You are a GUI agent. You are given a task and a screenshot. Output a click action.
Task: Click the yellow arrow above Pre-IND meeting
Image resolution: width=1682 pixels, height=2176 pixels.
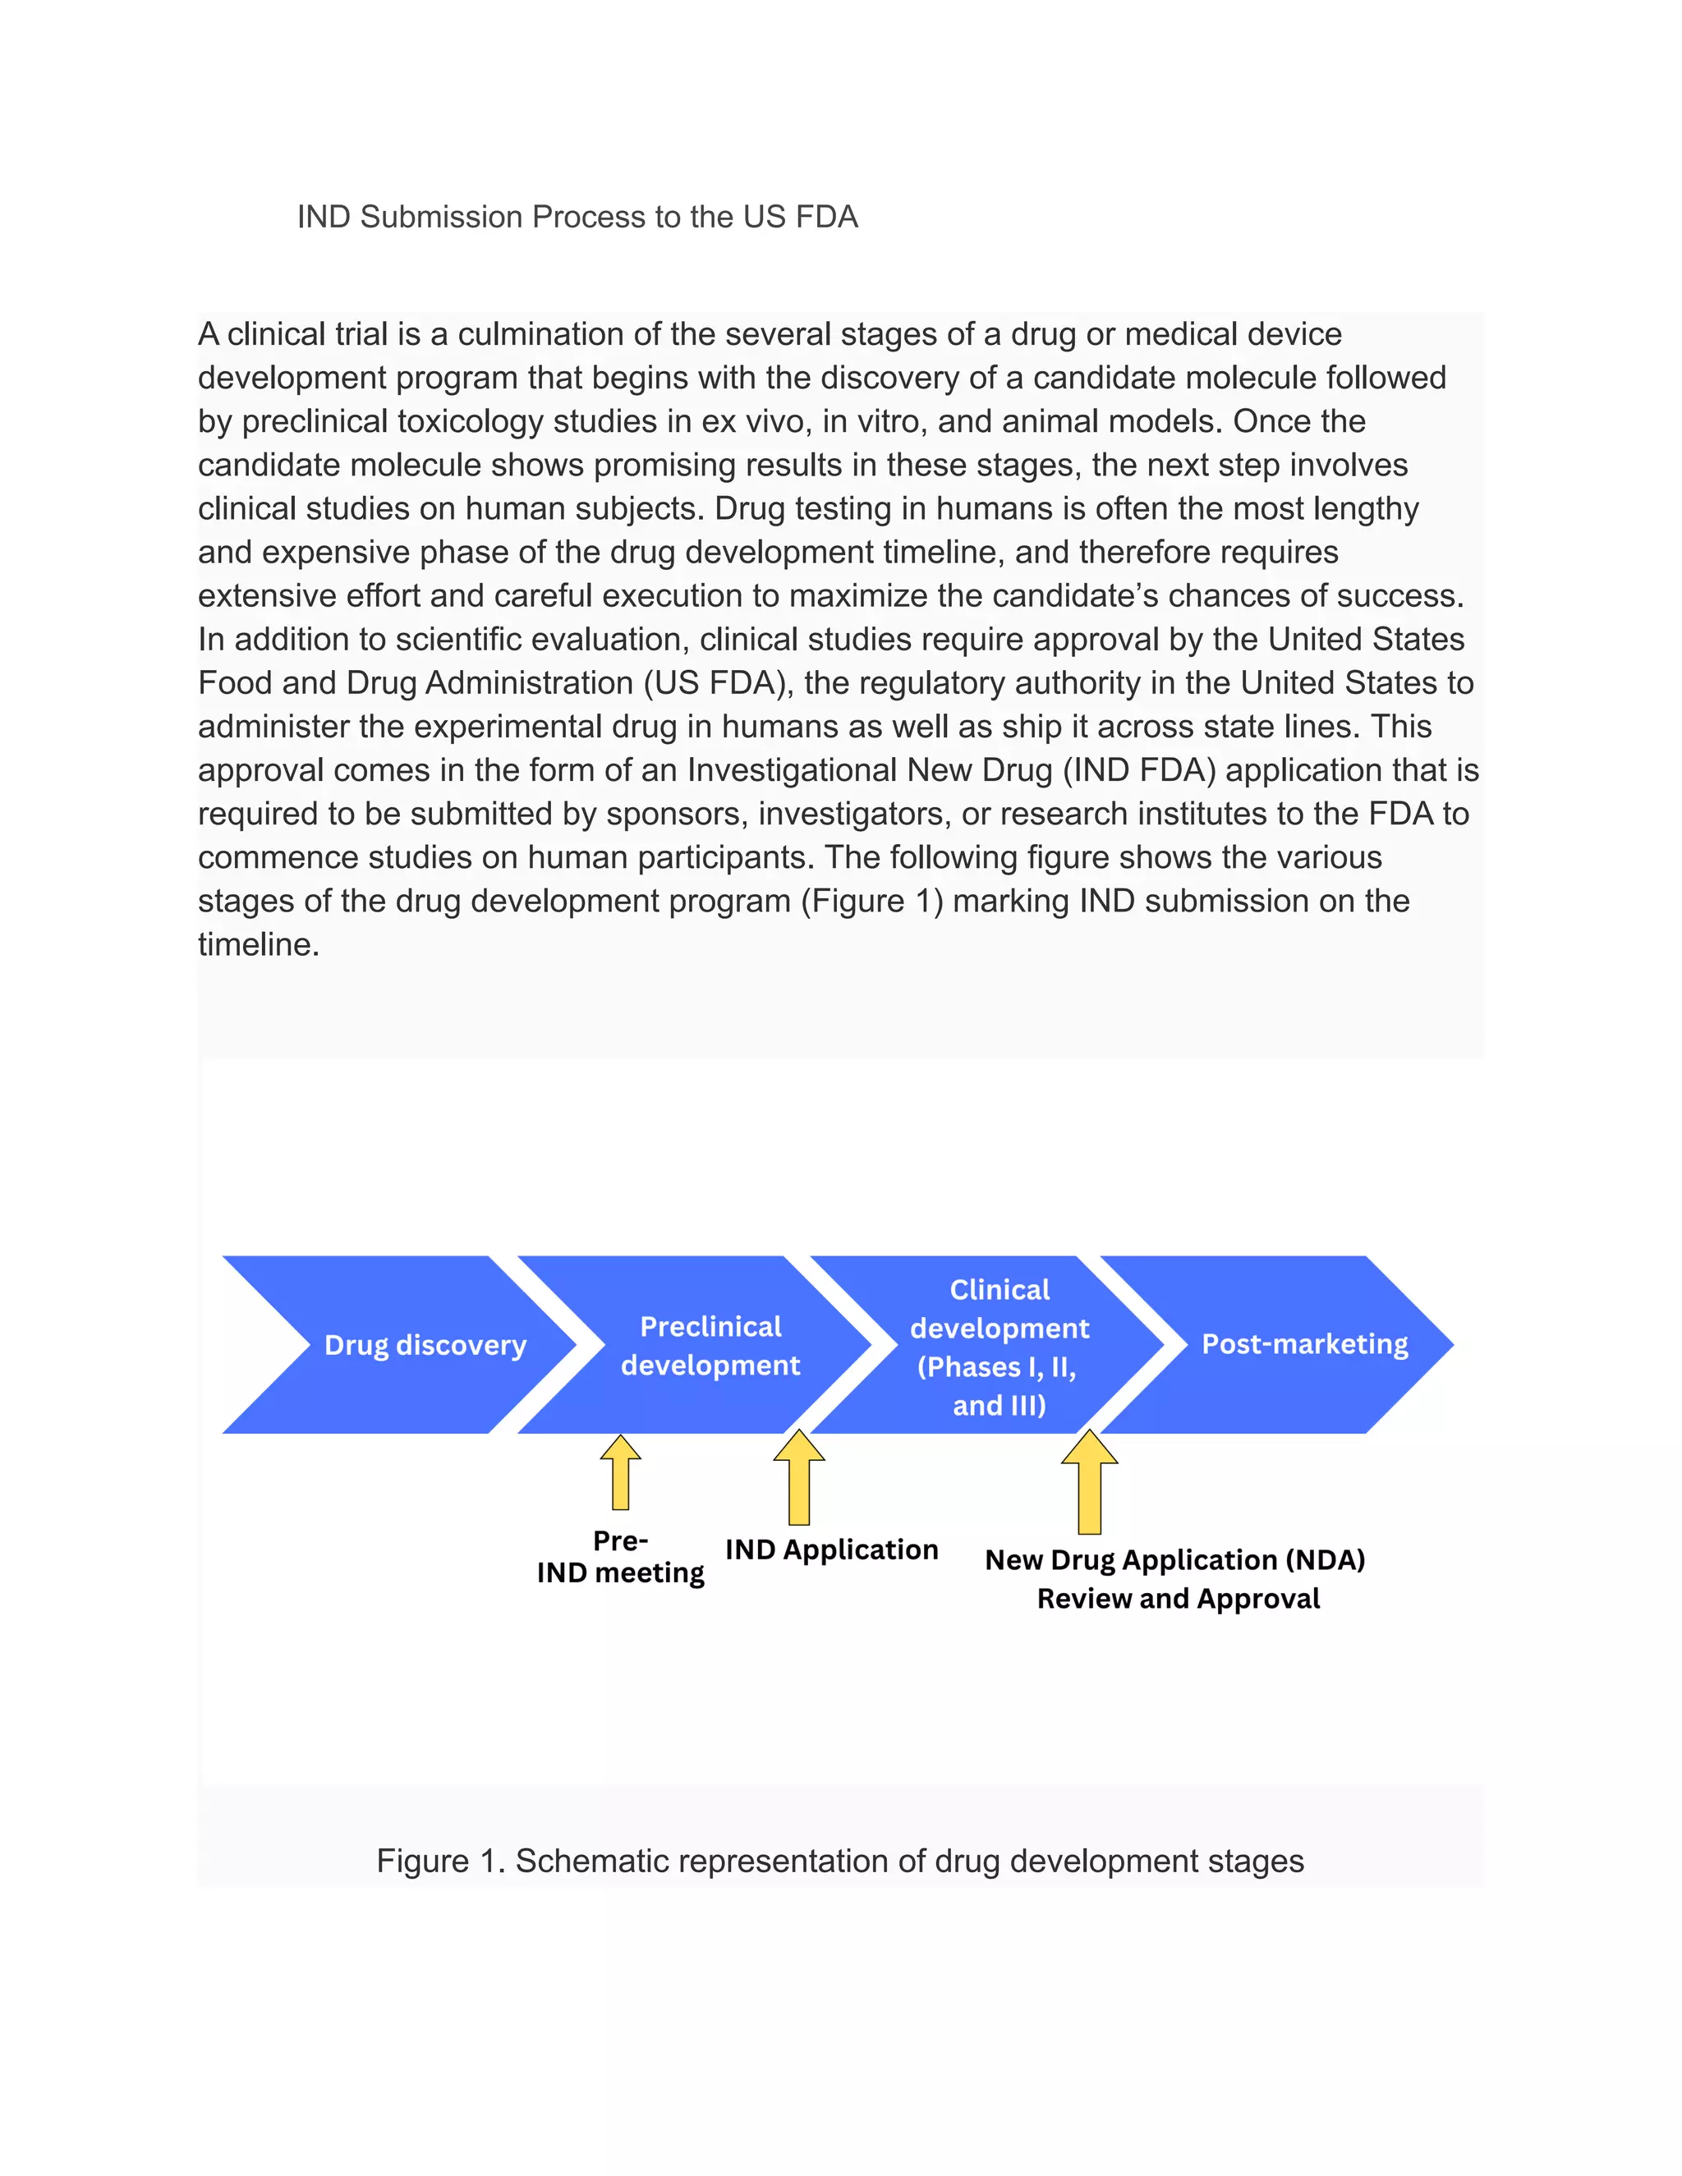point(621,1475)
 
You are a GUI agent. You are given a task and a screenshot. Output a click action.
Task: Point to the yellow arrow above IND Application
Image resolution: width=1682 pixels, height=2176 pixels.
point(799,1480)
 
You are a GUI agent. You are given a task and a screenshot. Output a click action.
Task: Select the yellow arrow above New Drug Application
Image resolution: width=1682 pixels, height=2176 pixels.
point(1089,1484)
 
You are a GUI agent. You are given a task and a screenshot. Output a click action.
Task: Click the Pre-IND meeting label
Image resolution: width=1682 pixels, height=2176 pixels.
point(620,1556)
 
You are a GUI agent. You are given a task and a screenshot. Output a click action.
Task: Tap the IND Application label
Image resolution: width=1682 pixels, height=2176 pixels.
point(831,1549)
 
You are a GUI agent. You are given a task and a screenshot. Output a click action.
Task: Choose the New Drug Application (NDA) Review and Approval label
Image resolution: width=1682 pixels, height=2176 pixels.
point(1176,1578)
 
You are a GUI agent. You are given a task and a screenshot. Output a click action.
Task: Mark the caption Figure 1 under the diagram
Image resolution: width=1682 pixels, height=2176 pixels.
point(839,1862)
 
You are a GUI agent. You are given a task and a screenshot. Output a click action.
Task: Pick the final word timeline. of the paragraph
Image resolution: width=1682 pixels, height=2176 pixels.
point(258,944)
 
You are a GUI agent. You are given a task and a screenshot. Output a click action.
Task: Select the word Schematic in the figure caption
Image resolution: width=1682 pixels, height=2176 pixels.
point(592,1862)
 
